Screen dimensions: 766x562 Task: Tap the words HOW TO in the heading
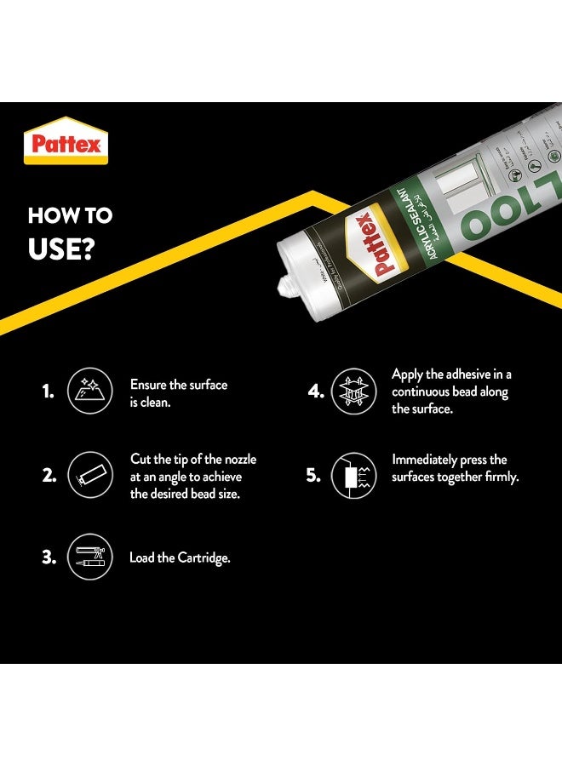[70, 215]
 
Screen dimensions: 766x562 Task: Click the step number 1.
[48, 392]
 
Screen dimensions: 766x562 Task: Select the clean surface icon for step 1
[89, 392]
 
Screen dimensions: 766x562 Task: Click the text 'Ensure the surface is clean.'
[178, 393]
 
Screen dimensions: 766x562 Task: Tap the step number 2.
[48, 477]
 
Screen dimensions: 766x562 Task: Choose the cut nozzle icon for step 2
[89, 477]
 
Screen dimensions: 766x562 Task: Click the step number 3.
[49, 558]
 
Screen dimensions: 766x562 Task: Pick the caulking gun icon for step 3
[89, 558]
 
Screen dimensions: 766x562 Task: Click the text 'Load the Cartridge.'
[180, 558]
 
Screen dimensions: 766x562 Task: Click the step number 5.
[313, 476]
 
